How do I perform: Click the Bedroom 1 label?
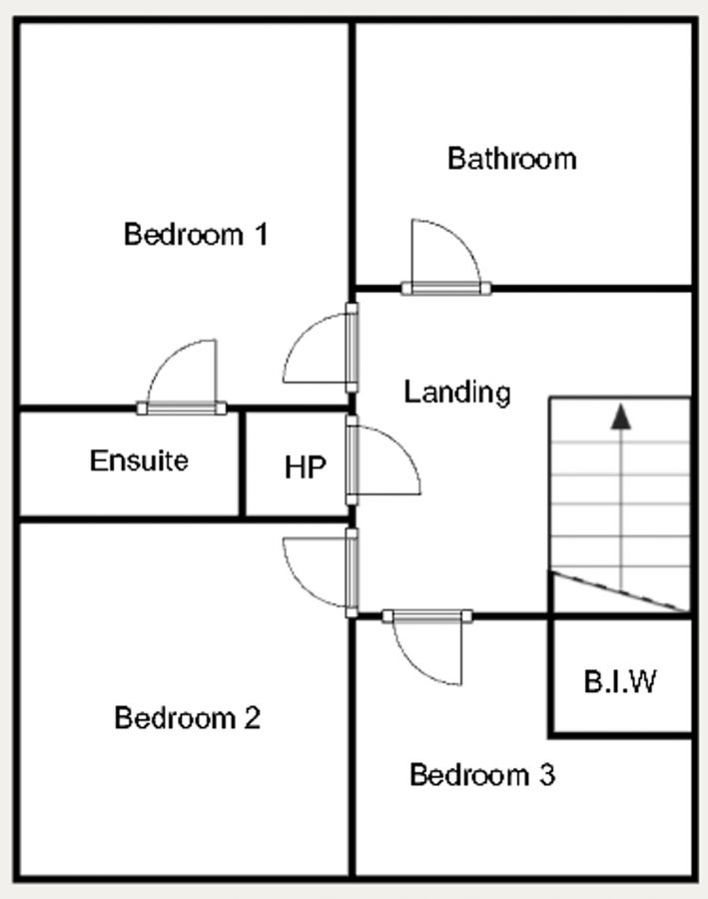point(195,235)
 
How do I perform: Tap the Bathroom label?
point(511,158)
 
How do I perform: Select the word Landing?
point(456,392)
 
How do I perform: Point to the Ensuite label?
point(139,460)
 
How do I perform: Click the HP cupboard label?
point(305,467)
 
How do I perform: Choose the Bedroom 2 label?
point(187,717)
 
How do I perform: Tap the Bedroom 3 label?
point(482,774)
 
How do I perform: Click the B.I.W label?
point(620,682)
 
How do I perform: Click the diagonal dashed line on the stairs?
point(619,591)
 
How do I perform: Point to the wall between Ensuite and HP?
point(242,463)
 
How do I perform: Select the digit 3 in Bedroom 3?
point(546,774)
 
